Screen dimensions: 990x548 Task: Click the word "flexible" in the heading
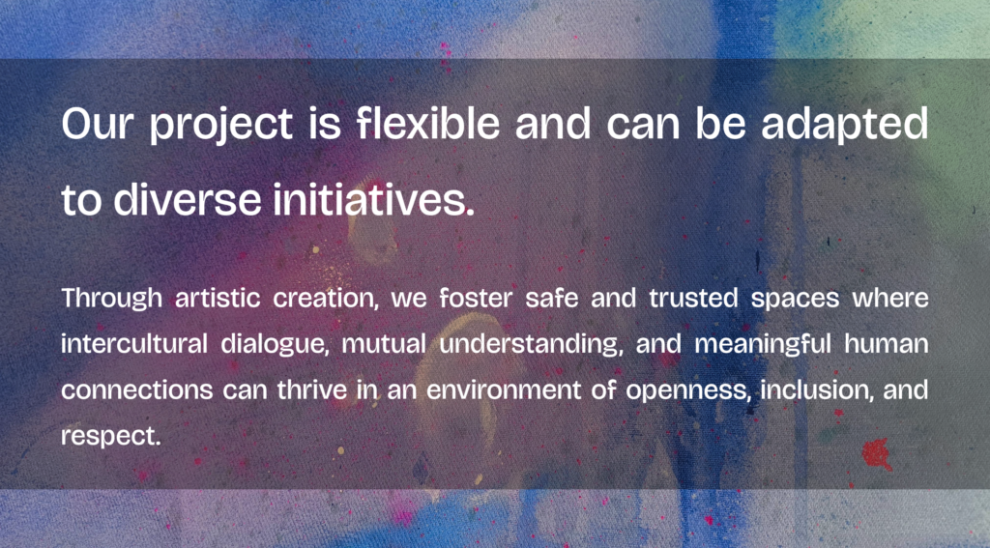point(427,123)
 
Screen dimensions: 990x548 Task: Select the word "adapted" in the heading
point(845,125)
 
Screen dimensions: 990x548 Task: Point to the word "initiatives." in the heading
point(374,199)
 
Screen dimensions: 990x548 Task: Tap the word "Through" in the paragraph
point(112,299)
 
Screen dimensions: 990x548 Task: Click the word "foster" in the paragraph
point(476,298)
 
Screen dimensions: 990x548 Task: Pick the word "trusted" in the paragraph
point(693,298)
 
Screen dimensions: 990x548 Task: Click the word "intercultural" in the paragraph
point(134,344)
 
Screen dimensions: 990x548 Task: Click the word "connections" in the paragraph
point(137,390)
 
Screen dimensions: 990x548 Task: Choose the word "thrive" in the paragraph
point(312,389)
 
